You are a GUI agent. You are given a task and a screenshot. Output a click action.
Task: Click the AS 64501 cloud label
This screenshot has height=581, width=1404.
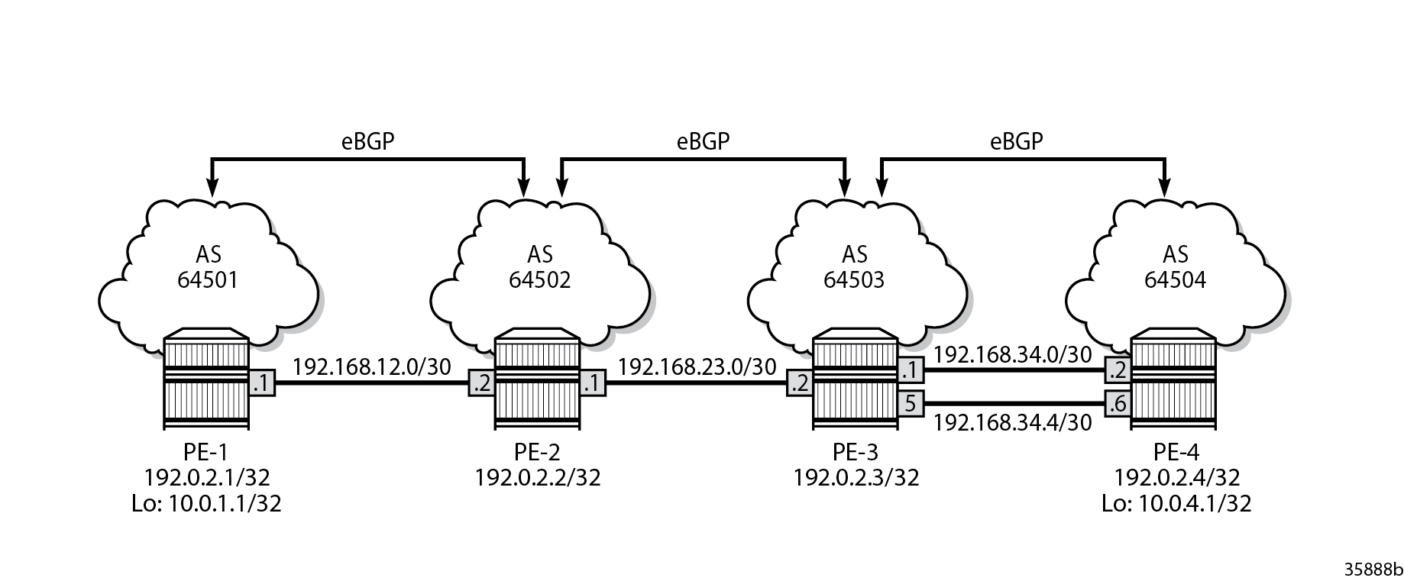[208, 267]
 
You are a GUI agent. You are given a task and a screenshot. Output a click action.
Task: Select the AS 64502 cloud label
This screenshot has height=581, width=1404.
[539, 267]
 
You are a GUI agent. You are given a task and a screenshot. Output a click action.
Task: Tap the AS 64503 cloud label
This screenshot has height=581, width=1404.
[855, 267]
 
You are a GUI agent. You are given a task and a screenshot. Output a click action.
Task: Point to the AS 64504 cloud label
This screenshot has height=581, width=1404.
[1176, 267]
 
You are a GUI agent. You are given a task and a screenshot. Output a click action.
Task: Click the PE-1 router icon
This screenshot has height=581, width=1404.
[208, 379]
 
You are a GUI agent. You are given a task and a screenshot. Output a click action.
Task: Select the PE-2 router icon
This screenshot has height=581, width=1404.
[538, 379]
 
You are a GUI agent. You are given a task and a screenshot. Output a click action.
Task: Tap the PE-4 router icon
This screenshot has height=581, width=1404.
[1174, 379]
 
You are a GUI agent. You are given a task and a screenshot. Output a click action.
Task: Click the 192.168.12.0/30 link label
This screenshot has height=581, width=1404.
[372, 367]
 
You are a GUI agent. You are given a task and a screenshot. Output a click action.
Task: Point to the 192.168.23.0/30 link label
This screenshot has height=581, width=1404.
[697, 367]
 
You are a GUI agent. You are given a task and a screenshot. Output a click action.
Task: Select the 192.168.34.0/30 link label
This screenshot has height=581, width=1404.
[1013, 354]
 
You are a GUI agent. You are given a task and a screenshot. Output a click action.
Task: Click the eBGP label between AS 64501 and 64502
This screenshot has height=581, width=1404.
[367, 141]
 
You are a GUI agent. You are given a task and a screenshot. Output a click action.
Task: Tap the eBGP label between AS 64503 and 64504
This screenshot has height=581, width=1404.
[1017, 141]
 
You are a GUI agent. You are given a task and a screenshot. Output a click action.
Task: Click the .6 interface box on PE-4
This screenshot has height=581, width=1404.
[1118, 402]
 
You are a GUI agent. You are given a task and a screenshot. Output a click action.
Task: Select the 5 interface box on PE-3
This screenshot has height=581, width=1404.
[911, 402]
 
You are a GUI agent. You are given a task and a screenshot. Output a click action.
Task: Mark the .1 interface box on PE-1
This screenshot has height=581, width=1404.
[262, 384]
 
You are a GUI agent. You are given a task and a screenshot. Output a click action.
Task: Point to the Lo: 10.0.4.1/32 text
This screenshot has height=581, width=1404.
[1176, 503]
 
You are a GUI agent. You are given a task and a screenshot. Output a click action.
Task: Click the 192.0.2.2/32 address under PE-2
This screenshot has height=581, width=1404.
[538, 478]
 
